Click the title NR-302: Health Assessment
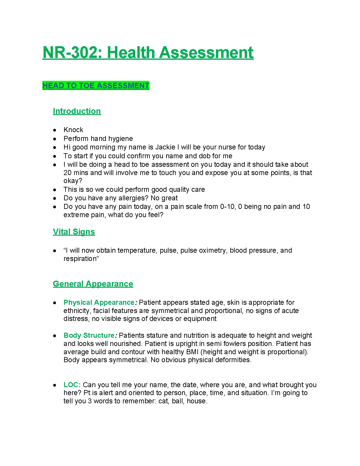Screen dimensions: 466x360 pyautogui.click(x=148, y=53)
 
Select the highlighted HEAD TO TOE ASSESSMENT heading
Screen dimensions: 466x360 pyautogui.click(x=96, y=86)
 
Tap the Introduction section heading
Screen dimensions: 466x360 pyautogui.click(x=77, y=111)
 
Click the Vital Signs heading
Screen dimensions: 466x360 pyautogui.click(x=74, y=232)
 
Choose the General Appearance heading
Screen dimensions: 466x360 pyautogui.click(x=93, y=284)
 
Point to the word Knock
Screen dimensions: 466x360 pyautogui.click(x=73, y=130)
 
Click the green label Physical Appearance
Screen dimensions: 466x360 pyautogui.click(x=99, y=302)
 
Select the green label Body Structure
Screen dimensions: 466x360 pyautogui.click(x=89, y=335)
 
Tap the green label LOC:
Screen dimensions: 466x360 pyautogui.click(x=72, y=385)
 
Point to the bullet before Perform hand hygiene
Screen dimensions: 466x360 pyautogui.click(x=55, y=139)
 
